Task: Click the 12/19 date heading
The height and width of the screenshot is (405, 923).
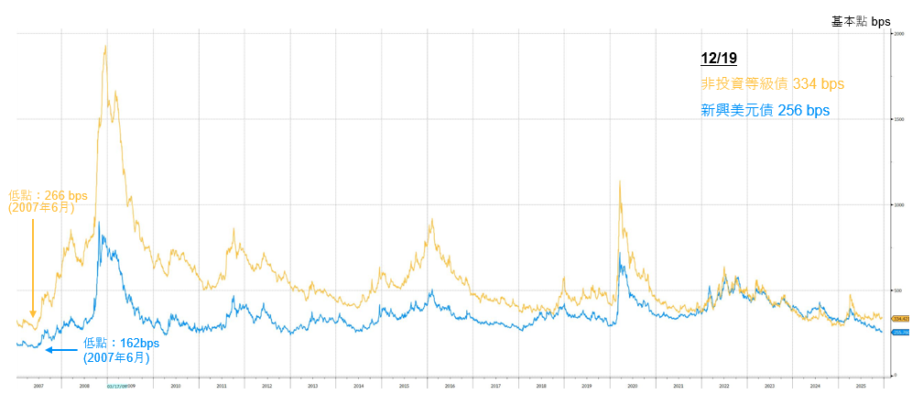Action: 718,59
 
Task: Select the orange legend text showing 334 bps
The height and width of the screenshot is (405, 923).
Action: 772,84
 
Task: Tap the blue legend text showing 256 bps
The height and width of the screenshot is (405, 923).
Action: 765,110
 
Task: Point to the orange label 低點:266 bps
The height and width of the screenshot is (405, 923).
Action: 48,195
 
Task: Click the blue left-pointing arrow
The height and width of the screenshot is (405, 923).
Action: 61,349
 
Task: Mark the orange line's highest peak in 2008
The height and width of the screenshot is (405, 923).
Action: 106,46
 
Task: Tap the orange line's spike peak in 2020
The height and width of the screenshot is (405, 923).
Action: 621,181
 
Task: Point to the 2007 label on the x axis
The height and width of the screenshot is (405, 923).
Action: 38,387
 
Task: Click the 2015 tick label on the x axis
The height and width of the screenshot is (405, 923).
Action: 404,387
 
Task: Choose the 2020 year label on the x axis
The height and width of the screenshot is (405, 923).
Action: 632,387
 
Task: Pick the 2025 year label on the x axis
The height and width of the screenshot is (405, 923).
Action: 860,387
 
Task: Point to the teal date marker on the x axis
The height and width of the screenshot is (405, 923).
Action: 116,387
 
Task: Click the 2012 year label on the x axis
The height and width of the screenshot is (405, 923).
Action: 266,387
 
